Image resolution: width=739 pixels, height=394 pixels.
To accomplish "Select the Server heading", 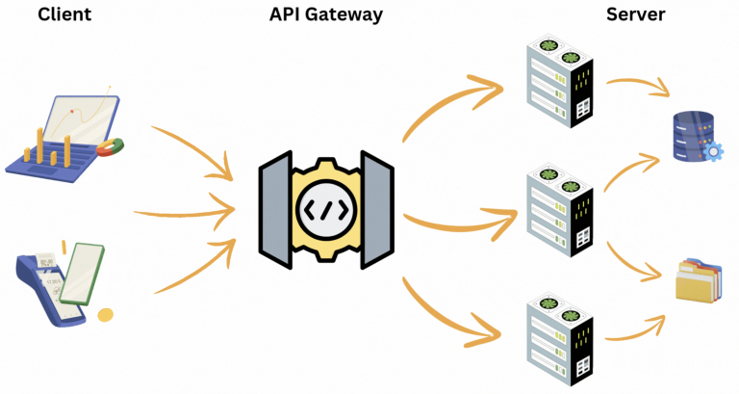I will point(637,16).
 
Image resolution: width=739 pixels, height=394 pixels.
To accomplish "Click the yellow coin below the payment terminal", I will point(105,314).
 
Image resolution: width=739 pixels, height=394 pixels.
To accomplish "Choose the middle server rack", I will point(560,212).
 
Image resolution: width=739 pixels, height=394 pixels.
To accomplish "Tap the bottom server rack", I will point(560,337).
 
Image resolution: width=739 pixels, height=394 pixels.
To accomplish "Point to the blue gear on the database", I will point(714,151).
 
